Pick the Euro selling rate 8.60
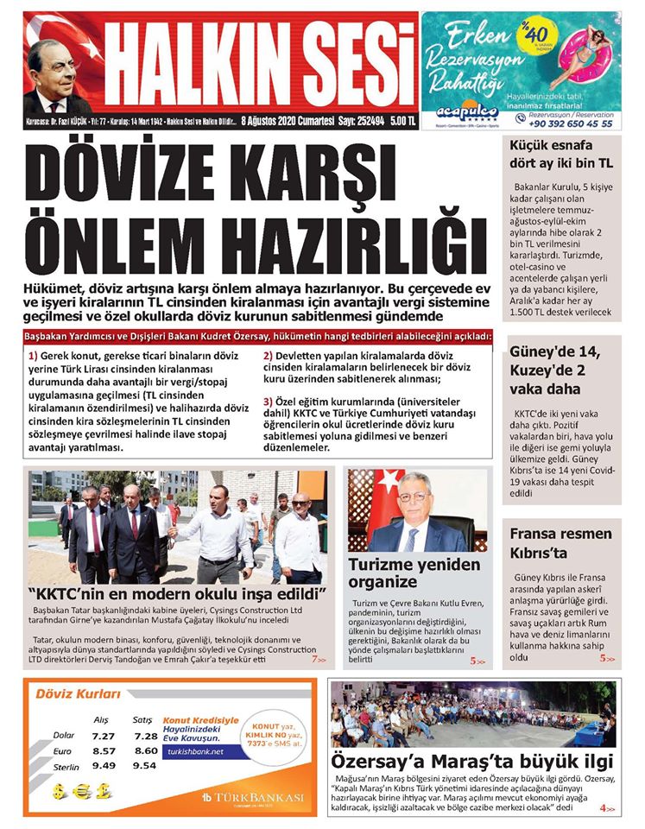tap(146, 751)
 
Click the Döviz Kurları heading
tap(77, 693)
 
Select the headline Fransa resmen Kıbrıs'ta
tap(560, 543)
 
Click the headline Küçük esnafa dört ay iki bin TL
tap(561, 154)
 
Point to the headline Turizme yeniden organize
tap(414, 573)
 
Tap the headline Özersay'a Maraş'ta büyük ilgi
tap(472, 761)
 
